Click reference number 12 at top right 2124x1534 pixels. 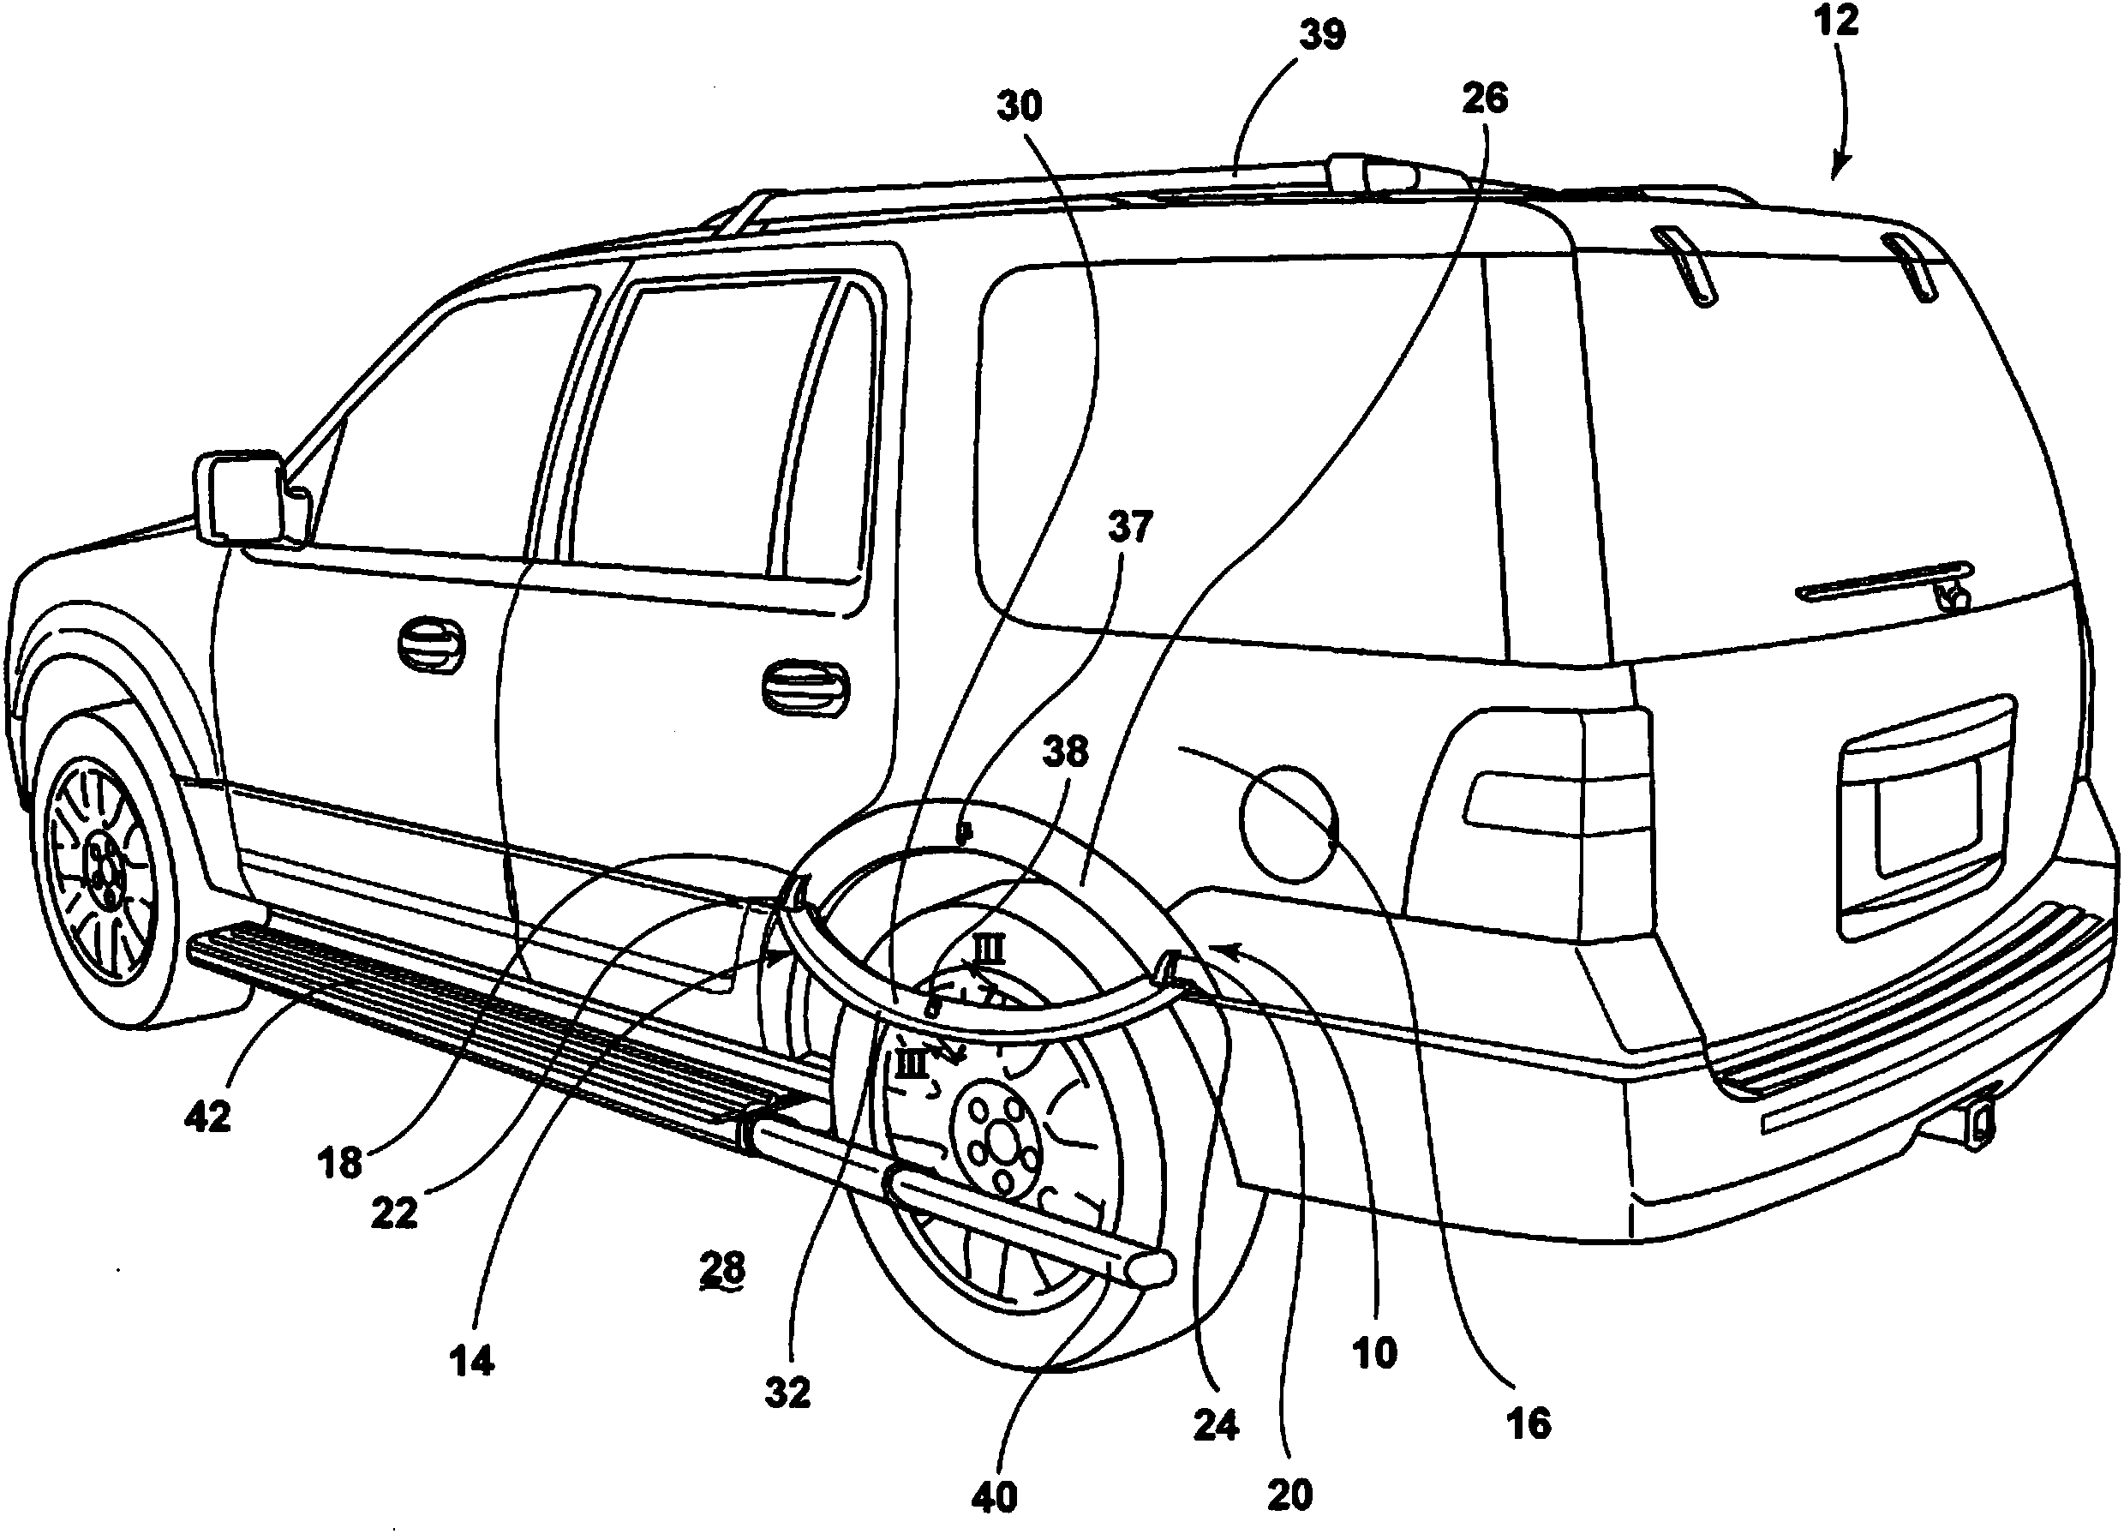[1836, 21]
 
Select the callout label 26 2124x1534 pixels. [1484, 99]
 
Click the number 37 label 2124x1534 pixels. [1129, 528]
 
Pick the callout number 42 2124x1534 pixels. [208, 1117]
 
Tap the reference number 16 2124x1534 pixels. [1529, 1424]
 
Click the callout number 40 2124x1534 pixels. [995, 1498]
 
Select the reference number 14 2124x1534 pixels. [472, 1362]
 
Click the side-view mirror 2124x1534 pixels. [242, 497]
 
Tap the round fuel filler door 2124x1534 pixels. [1289, 824]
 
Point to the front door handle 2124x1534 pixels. [431, 646]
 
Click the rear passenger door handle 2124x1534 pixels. [804, 688]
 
